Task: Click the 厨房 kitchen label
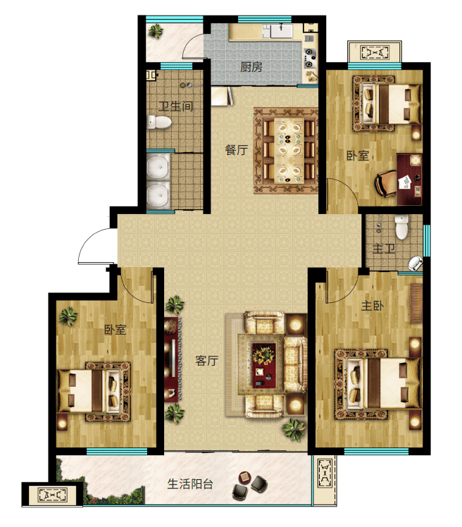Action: [251, 67]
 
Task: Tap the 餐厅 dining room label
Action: [237, 149]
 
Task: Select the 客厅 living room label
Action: [206, 361]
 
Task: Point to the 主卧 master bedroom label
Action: [373, 306]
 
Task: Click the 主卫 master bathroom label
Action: [384, 249]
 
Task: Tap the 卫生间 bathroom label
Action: [176, 106]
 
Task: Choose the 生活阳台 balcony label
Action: [190, 484]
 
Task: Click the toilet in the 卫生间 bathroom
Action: [159, 123]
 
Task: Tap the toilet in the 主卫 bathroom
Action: [402, 227]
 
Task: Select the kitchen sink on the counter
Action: [282, 31]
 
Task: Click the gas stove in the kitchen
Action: [310, 58]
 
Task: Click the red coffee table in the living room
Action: [264, 365]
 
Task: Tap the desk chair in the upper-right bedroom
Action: [386, 183]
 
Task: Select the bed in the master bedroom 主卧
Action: [377, 383]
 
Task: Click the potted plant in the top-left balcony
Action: [156, 31]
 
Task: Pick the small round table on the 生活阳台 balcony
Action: [245, 477]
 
